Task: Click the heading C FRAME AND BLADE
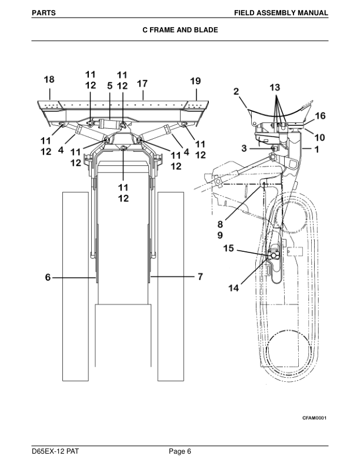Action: (180, 29)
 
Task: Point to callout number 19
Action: (195, 81)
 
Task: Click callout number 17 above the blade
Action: (142, 84)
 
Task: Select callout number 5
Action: (110, 85)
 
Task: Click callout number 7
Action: (199, 277)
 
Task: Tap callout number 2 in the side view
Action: (236, 91)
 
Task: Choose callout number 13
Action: (275, 86)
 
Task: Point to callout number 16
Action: (320, 115)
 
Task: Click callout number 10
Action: (319, 137)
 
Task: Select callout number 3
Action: (244, 148)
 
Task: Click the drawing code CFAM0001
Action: (314, 417)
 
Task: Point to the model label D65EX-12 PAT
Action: (56, 451)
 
